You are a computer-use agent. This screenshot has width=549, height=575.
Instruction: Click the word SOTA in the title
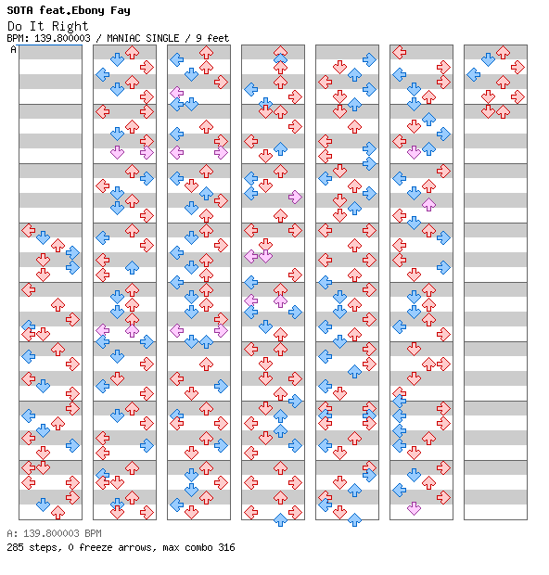pyautogui.click(x=19, y=10)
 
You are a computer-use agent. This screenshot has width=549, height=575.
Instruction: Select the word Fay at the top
pyautogui.click(x=121, y=10)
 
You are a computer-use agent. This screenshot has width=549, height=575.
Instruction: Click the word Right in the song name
pyautogui.click(x=70, y=26)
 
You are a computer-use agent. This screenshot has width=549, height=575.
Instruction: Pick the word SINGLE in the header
pyautogui.click(x=162, y=38)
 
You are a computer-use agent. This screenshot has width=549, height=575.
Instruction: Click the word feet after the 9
pyautogui.click(x=218, y=38)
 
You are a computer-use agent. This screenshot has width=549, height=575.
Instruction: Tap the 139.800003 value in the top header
pyautogui.click(x=62, y=38)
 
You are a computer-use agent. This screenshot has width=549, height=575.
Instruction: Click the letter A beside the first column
pyautogui.click(x=14, y=49)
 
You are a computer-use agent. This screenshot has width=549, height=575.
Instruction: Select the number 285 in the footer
pyautogui.click(x=15, y=547)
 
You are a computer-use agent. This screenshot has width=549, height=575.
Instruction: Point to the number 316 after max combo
pyautogui.click(x=226, y=547)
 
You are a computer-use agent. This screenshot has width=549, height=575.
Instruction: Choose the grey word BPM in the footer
pyautogui.click(x=93, y=533)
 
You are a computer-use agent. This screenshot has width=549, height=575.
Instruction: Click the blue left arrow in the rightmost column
pyautogui.click(x=474, y=75)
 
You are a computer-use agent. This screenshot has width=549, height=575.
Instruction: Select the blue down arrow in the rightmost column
pyautogui.click(x=488, y=59)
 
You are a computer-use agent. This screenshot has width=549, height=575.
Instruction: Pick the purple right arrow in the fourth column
pyautogui.click(x=295, y=197)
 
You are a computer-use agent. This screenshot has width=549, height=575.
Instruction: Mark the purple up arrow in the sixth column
pyautogui.click(x=428, y=204)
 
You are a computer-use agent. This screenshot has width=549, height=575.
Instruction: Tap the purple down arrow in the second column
pyautogui.click(x=117, y=152)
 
